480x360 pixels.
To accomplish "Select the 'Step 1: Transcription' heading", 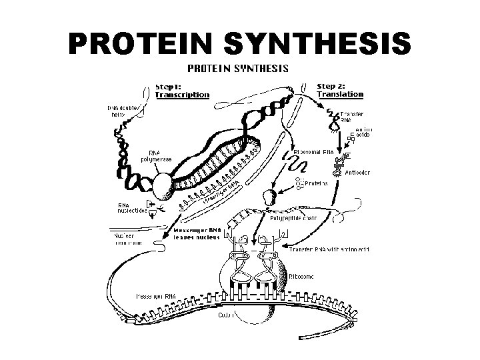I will click(181, 90).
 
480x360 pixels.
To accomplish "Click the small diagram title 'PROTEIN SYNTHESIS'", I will click(237, 68).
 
